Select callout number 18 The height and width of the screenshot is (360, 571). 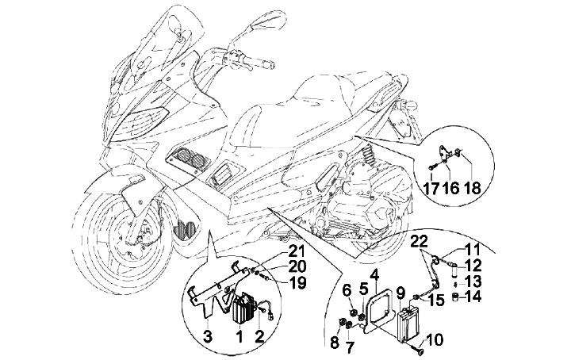[x=473, y=188]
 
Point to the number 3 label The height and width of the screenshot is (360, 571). [x=207, y=337]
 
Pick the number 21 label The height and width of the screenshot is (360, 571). [x=297, y=252]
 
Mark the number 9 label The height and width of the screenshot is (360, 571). [x=400, y=293]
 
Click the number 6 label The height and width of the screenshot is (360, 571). [x=347, y=290]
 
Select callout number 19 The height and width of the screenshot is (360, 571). [x=297, y=283]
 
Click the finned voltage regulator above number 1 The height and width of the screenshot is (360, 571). [x=242, y=310]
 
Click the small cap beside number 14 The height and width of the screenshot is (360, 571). [x=455, y=297]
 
